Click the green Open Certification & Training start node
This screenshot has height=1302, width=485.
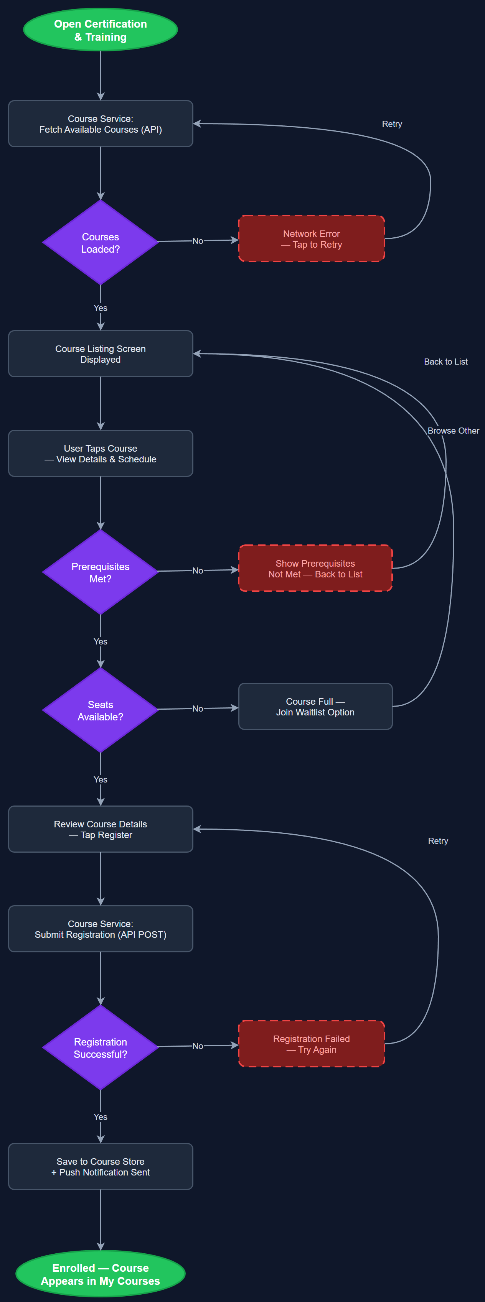pyautogui.click(x=100, y=30)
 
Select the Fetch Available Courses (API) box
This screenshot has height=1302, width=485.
pyautogui.click(x=100, y=124)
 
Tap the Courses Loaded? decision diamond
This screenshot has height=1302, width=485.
pyautogui.click(x=100, y=243)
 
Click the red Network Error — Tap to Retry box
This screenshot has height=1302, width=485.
pyautogui.click(x=311, y=238)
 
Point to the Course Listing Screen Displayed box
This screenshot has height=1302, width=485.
pyautogui.click(x=100, y=354)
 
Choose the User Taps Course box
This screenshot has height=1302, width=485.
pyautogui.click(x=100, y=454)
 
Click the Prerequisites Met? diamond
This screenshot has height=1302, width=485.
pyautogui.click(x=100, y=572)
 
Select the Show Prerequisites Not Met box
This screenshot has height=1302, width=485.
pyautogui.click(x=315, y=569)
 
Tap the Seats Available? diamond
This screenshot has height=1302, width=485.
pyautogui.click(x=100, y=710)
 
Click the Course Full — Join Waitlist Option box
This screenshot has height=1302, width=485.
pyautogui.click(x=315, y=707)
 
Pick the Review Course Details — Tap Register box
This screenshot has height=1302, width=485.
pyautogui.click(x=100, y=829)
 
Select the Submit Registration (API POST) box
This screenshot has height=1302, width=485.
pyautogui.click(x=100, y=929)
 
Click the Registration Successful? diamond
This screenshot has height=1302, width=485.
pyautogui.click(x=100, y=1048)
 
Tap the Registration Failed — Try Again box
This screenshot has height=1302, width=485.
pyautogui.click(x=311, y=1044)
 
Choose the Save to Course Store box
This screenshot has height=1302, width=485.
pyautogui.click(x=100, y=1167)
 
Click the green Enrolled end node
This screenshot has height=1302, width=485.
pyautogui.click(x=100, y=1274)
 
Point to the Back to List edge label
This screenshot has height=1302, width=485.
pyautogui.click(x=445, y=362)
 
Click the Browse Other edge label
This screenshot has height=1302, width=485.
pyautogui.click(x=453, y=431)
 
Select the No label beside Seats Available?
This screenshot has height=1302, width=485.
pyautogui.click(x=198, y=709)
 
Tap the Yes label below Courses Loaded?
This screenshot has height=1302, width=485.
pyautogui.click(x=100, y=308)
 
